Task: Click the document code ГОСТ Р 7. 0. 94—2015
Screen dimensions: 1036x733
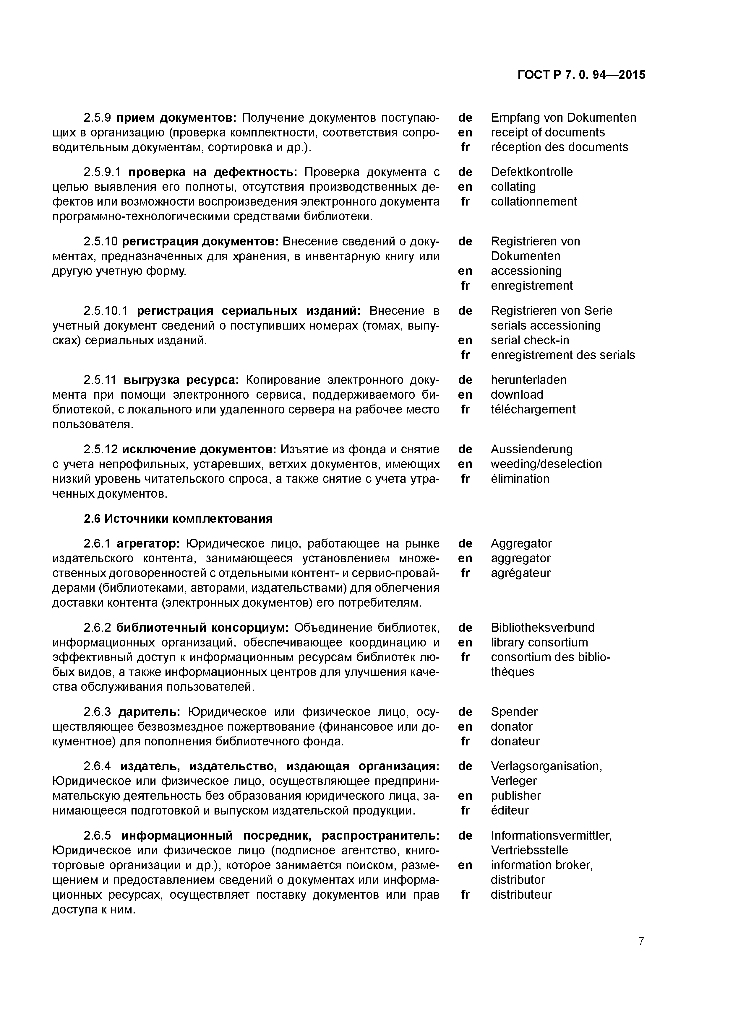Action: coord(581,75)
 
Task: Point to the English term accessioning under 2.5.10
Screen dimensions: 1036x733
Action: coord(526,271)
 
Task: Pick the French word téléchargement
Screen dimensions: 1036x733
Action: coord(533,409)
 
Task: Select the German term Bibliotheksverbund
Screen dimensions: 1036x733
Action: coord(542,628)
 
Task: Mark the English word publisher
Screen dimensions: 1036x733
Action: coord(516,796)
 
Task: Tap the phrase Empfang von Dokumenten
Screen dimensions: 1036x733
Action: coord(563,118)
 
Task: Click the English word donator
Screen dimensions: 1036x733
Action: coord(512,726)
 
